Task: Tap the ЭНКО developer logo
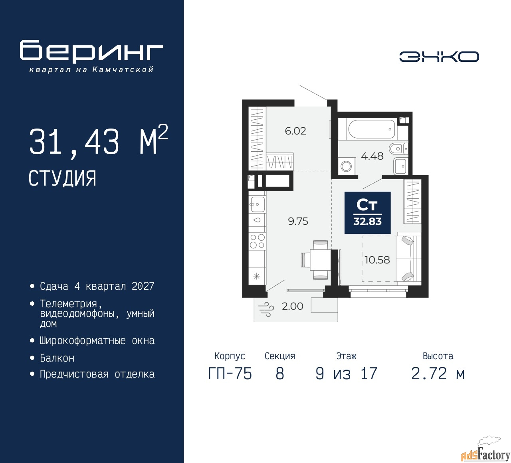(x=439, y=57)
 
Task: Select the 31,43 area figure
(x=74, y=142)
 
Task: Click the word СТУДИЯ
(x=62, y=178)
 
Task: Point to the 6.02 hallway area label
(x=295, y=131)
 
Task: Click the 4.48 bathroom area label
(x=372, y=156)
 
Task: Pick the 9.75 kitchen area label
(x=298, y=221)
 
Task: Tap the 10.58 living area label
(x=377, y=260)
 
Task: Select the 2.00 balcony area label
(x=293, y=306)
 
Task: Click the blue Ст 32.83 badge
(x=367, y=213)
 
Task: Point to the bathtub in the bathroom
(x=372, y=129)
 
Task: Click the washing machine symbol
(x=347, y=166)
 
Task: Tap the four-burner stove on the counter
(x=257, y=241)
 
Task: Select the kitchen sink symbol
(x=257, y=204)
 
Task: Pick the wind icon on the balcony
(x=266, y=309)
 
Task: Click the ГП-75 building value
(x=230, y=374)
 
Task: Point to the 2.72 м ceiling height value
(x=438, y=374)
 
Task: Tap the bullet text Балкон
(x=57, y=358)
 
